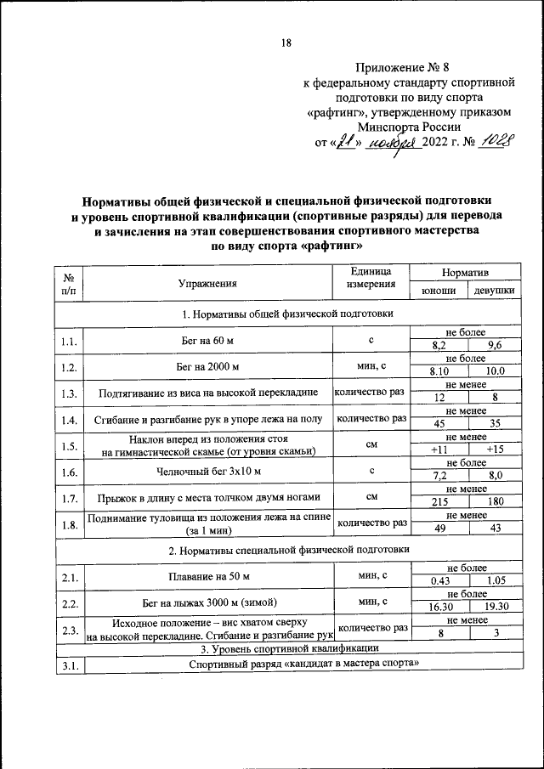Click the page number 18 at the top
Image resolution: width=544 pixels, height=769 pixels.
tap(286, 43)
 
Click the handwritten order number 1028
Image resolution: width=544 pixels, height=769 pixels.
tap(496, 142)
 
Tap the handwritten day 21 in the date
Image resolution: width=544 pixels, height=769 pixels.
tap(345, 143)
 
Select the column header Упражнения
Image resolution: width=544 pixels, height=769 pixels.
tap(207, 284)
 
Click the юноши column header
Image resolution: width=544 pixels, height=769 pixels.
tap(439, 291)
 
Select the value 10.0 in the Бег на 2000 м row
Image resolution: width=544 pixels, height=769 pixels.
tap(495, 371)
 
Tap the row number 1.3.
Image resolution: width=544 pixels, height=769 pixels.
tap(70, 393)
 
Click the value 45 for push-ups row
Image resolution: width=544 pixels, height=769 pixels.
tap(439, 424)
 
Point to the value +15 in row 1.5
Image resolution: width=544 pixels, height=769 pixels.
tap(495, 450)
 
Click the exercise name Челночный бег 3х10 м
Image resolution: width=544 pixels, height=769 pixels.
tap(207, 471)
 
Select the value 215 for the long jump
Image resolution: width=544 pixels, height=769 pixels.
tap(439, 502)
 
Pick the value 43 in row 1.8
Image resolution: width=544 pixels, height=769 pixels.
tap(495, 529)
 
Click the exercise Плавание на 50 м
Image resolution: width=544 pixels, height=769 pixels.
tap(207, 578)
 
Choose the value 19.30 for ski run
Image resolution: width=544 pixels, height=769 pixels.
tap(495, 608)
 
